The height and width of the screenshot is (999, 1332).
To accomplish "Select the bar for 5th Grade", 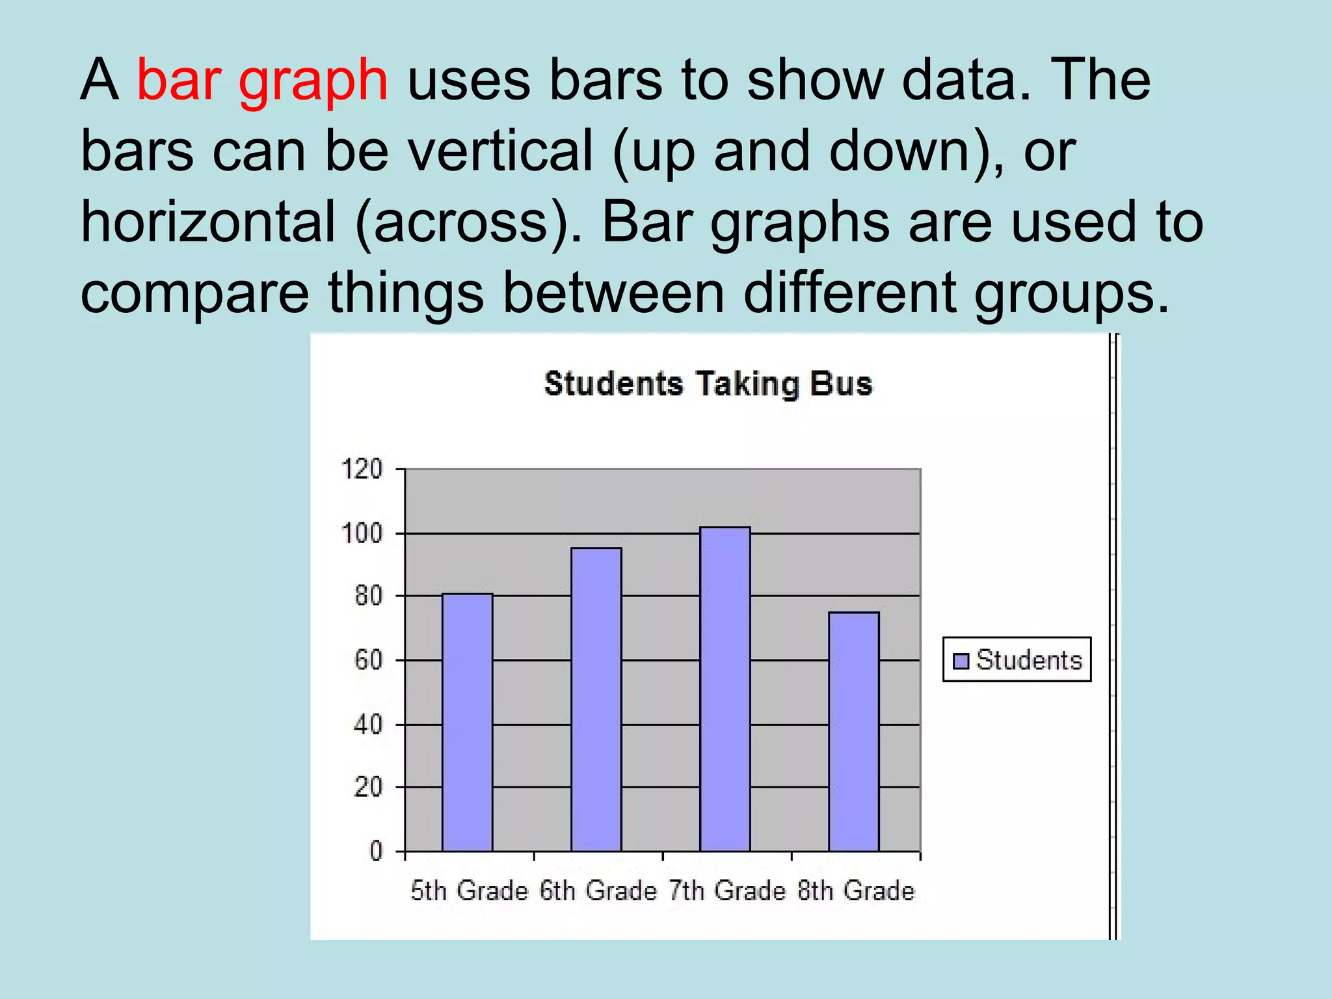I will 467,722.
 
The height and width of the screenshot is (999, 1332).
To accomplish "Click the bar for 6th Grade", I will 596,699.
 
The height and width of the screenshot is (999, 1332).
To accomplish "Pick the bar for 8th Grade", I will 853,731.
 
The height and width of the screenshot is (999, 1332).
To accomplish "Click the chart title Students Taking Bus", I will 708,384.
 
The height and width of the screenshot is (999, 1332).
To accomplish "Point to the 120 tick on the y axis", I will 362,469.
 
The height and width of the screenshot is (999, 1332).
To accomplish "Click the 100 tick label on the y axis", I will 362,533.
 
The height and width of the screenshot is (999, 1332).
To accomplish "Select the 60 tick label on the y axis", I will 368,660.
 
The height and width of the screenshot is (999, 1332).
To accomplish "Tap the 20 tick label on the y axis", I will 368,788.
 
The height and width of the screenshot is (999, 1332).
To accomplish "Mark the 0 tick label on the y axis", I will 376,851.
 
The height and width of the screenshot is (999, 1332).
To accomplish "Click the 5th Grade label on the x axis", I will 469,890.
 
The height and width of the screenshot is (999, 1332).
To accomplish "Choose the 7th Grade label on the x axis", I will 727,890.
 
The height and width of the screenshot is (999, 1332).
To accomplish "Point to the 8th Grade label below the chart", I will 856,890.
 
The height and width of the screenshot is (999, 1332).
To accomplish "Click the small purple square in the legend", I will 961,661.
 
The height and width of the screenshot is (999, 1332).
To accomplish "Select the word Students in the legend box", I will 1029,660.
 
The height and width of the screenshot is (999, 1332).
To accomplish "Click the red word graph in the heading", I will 313,82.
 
